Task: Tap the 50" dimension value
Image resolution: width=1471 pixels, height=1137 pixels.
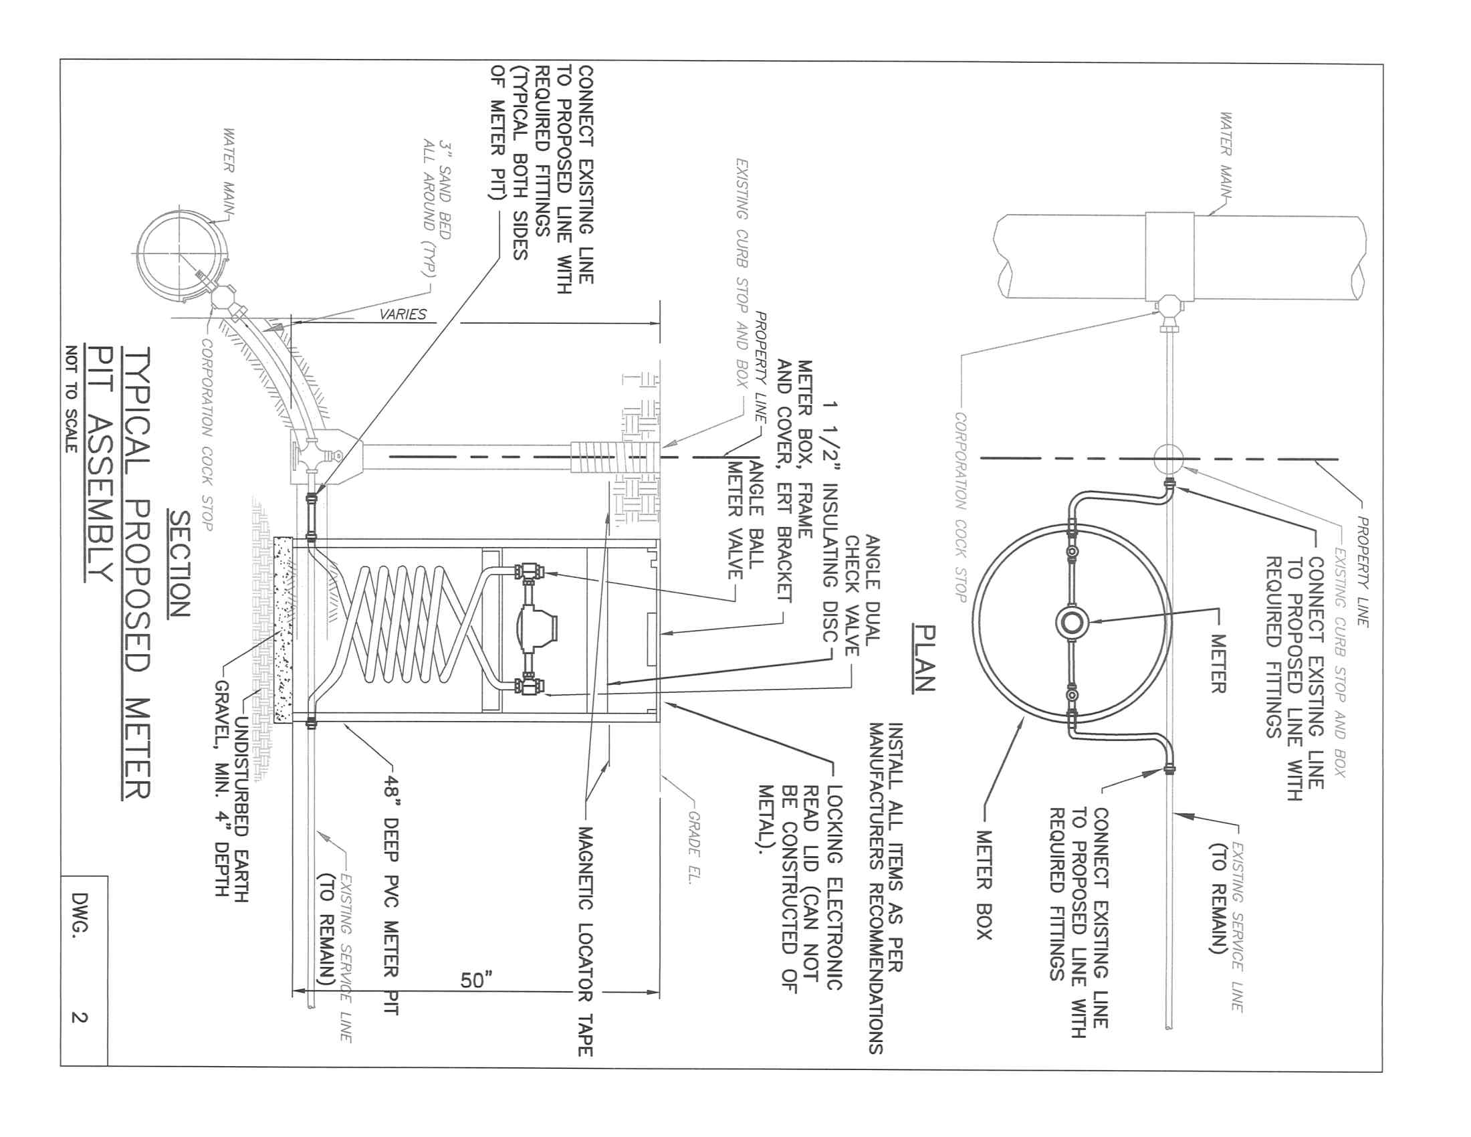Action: (476, 980)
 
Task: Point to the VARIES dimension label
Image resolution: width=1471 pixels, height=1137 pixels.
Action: (403, 314)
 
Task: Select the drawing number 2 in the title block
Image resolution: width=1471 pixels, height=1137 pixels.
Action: (80, 1017)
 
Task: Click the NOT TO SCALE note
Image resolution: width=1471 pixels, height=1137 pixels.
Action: (72, 399)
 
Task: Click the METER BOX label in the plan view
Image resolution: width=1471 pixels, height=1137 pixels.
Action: (984, 884)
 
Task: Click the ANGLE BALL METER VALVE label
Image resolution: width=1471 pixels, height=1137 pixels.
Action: (746, 518)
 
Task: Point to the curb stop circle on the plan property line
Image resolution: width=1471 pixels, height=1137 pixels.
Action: (1169, 459)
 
